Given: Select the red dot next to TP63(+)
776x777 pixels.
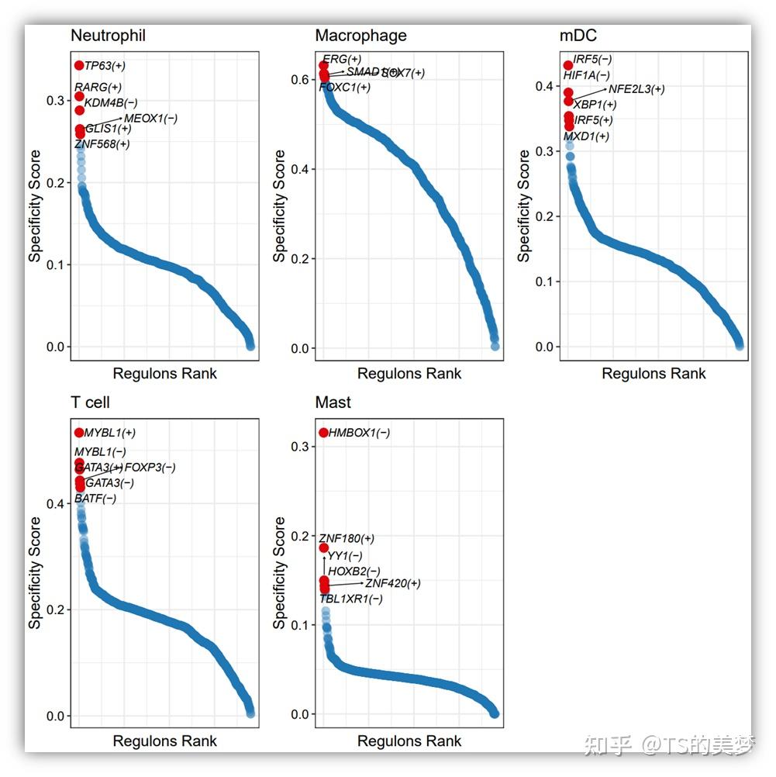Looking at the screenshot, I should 79,65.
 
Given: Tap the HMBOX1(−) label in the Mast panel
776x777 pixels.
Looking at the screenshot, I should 360,433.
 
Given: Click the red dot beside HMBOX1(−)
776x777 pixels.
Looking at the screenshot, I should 323,432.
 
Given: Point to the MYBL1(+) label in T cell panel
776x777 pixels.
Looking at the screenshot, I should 110,433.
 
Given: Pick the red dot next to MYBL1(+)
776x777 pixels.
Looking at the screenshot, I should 79,432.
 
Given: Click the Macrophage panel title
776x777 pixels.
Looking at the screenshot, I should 360,36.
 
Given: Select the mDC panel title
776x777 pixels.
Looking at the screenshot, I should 578,36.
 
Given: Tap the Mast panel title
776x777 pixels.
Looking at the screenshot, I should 333,402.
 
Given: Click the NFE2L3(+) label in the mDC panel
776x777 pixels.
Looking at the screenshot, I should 636,89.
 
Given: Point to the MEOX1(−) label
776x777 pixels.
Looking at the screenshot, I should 151,118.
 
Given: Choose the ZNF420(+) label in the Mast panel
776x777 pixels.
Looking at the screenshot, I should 393,583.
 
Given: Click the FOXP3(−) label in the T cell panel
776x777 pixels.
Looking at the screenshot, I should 150,467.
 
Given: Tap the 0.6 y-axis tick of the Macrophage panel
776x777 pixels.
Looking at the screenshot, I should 299,79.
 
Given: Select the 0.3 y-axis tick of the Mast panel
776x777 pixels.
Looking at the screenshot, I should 299,447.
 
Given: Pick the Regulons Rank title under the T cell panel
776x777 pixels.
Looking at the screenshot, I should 165,741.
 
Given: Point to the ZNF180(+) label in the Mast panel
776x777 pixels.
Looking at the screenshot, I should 347,538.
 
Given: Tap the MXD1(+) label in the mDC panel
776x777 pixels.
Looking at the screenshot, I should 586,136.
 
